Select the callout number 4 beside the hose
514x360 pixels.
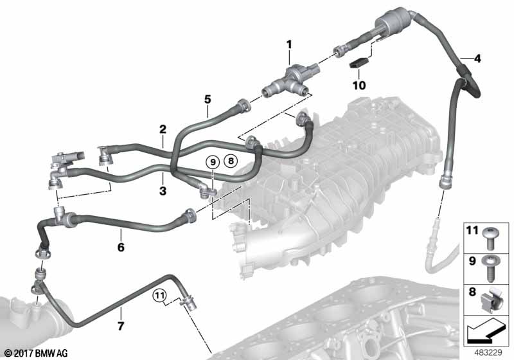click(476, 59)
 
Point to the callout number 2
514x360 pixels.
click(163, 129)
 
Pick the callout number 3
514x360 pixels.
click(163, 191)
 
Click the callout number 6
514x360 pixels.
click(120, 247)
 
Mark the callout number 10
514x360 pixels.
click(358, 85)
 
